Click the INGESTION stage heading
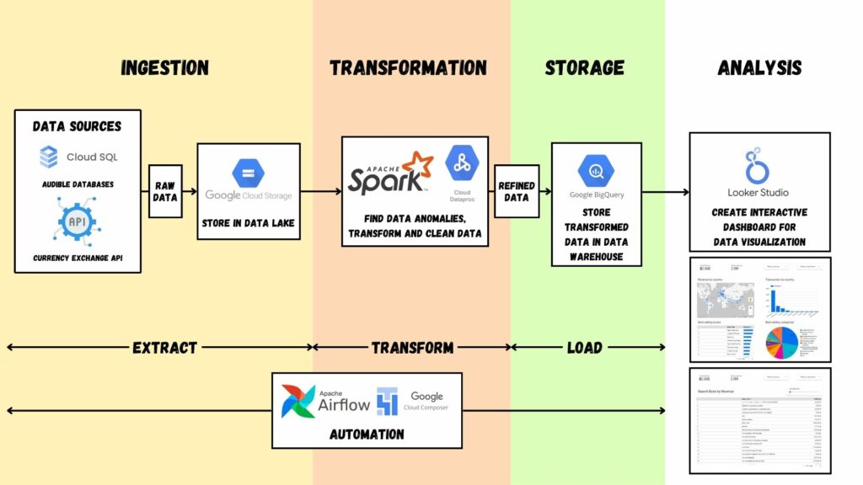(164, 68)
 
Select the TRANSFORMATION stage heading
(408, 68)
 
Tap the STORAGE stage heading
(584, 68)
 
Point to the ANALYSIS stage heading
(759, 68)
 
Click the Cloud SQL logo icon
(49, 157)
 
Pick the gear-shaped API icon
(78, 221)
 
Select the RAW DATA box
(165, 191)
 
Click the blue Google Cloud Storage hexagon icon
(249, 173)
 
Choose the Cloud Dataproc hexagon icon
(463, 163)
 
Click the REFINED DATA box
(516, 191)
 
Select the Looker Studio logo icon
(758, 166)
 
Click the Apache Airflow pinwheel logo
(298, 402)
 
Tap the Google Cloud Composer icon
(387, 402)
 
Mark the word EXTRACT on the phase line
(164, 347)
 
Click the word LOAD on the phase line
(584, 347)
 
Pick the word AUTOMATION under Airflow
(367, 434)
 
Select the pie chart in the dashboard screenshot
(785, 341)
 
